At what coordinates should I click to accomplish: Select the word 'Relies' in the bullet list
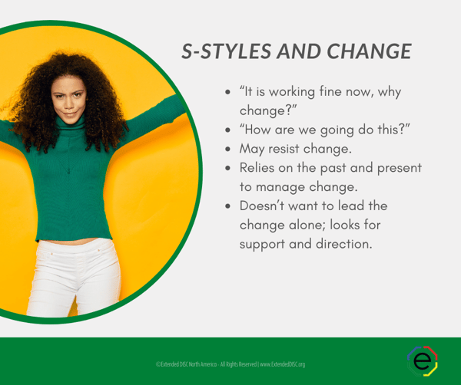[260, 167]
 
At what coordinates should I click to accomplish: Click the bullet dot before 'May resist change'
[228, 149]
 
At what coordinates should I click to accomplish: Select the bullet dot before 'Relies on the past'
[228, 168]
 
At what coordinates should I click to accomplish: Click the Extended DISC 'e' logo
[422, 360]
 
